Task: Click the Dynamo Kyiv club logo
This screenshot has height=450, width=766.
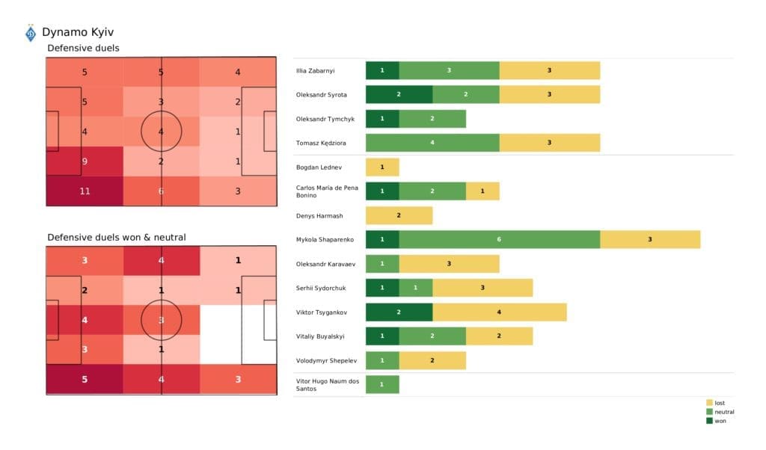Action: tap(31, 34)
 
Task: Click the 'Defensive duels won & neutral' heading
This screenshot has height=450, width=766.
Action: tap(117, 237)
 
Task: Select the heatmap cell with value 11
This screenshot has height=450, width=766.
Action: tap(85, 191)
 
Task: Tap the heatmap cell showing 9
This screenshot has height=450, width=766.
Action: tap(85, 161)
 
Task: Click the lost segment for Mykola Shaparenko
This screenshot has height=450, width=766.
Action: tap(649, 239)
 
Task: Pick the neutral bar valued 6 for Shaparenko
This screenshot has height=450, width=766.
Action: tap(499, 239)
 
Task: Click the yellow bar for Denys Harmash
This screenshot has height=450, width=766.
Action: tap(399, 215)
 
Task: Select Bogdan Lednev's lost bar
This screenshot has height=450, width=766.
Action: tap(382, 167)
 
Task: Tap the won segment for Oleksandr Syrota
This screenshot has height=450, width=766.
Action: tap(399, 94)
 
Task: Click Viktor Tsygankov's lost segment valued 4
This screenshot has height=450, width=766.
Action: tap(499, 312)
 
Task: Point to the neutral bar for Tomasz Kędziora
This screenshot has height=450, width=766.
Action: tap(432, 143)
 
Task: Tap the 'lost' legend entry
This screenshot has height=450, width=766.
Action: tap(720, 403)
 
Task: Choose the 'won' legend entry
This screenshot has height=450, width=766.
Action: tap(720, 420)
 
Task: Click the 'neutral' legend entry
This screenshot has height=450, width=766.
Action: tap(723, 412)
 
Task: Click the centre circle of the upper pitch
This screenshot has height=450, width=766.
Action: tap(161, 132)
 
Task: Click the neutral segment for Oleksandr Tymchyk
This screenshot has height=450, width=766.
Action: tap(432, 119)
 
